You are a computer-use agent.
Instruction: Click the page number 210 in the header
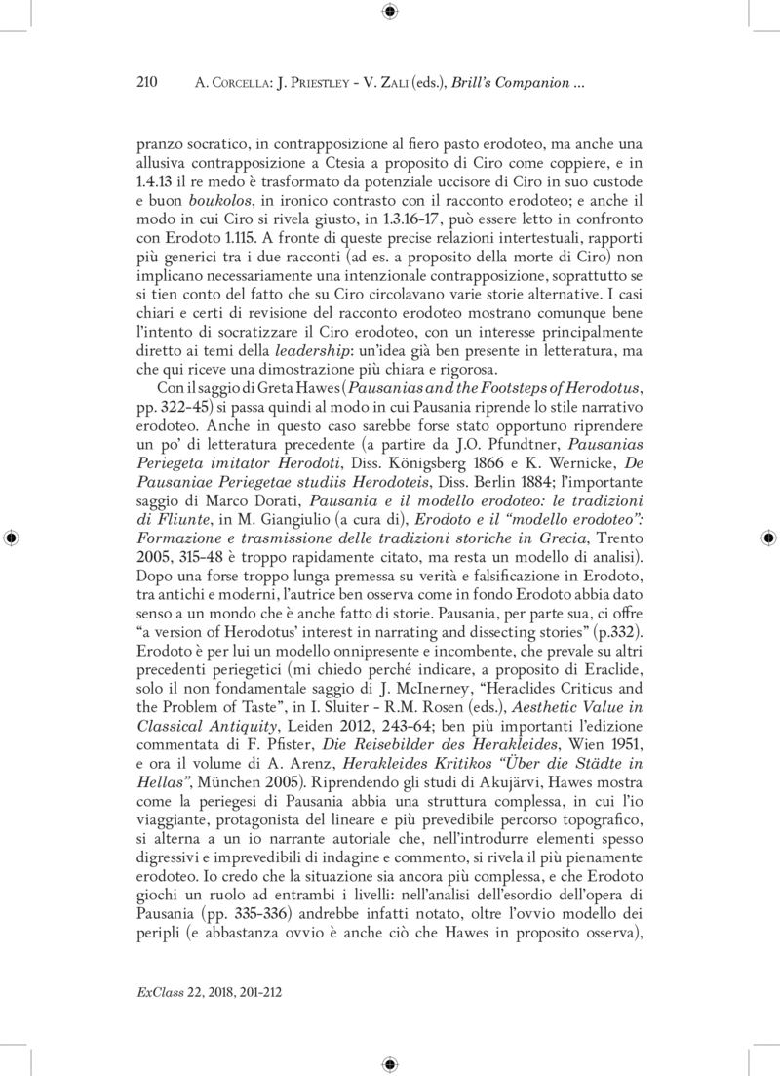145,83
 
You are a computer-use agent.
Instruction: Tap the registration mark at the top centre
390,13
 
